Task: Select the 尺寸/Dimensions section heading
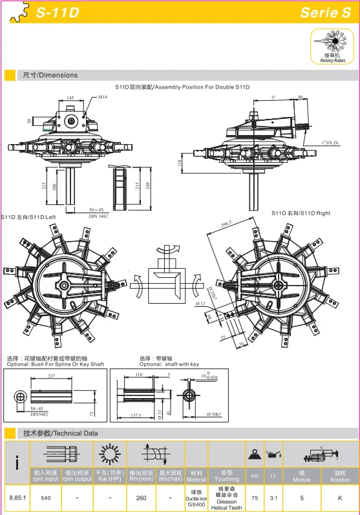pyautogui.click(x=50, y=75)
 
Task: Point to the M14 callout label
pyautogui.click(x=103, y=98)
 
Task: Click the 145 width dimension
pyautogui.click(x=70, y=98)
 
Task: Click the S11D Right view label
pyautogui.click(x=301, y=213)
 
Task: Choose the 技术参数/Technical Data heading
pyautogui.click(x=60, y=433)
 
